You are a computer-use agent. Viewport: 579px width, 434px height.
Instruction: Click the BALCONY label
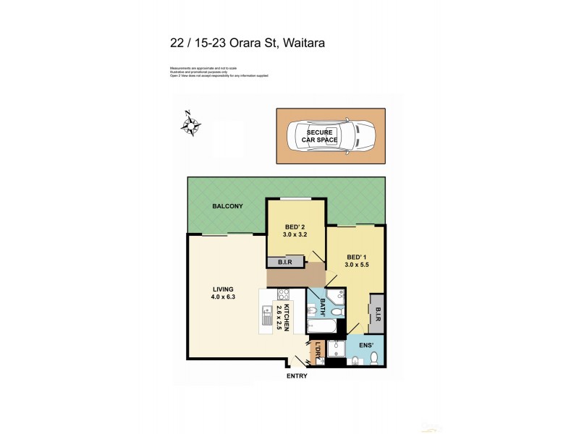coord(227,207)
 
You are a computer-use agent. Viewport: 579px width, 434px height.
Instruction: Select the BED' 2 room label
coord(295,226)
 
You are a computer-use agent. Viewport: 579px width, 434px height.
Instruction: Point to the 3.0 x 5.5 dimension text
coord(358,265)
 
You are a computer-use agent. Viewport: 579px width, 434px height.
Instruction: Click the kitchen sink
coord(264,316)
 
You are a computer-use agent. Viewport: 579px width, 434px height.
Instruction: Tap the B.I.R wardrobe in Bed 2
coord(284,263)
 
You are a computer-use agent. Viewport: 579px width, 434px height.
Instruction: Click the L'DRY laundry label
coord(316,352)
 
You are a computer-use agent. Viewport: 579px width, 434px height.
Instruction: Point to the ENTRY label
coord(297,375)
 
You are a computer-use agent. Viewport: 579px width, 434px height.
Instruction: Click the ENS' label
coord(366,346)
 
